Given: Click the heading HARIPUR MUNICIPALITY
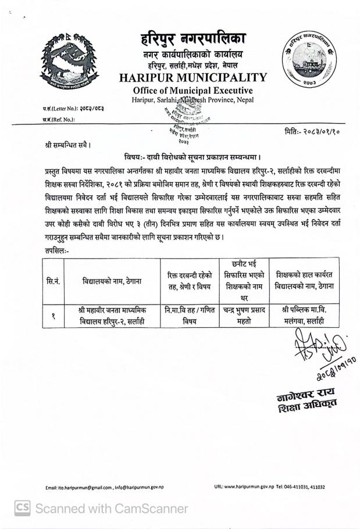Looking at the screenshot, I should click(193, 77).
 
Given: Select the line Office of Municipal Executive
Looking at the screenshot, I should click(193, 91).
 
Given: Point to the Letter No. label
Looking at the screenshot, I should click(60, 108).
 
